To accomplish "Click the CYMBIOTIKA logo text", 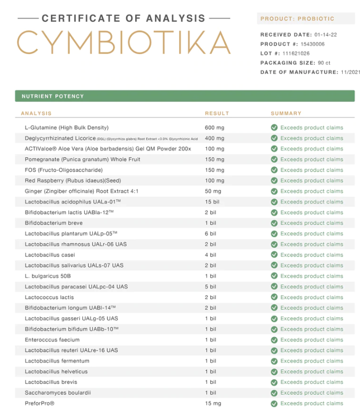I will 124,42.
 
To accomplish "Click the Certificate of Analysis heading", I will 124,18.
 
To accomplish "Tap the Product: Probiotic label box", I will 297,19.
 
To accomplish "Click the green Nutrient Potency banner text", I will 52,97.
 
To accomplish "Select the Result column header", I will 216,113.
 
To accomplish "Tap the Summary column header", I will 286,113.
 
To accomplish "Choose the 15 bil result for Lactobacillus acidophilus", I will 212,202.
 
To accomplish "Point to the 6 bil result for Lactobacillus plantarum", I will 210,233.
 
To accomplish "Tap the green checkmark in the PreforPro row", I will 274,403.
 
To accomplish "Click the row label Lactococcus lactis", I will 49,297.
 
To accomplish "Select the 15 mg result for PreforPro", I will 213,403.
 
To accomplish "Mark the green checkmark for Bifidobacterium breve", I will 274,223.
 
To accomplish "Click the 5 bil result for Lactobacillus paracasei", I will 210,287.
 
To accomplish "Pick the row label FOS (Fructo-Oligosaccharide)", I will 63,170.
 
